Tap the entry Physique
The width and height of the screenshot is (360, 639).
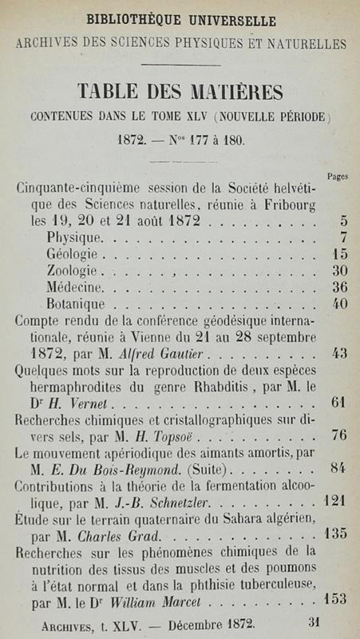74,237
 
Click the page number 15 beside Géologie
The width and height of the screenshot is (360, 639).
340,254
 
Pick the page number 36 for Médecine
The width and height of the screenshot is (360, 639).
340,288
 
